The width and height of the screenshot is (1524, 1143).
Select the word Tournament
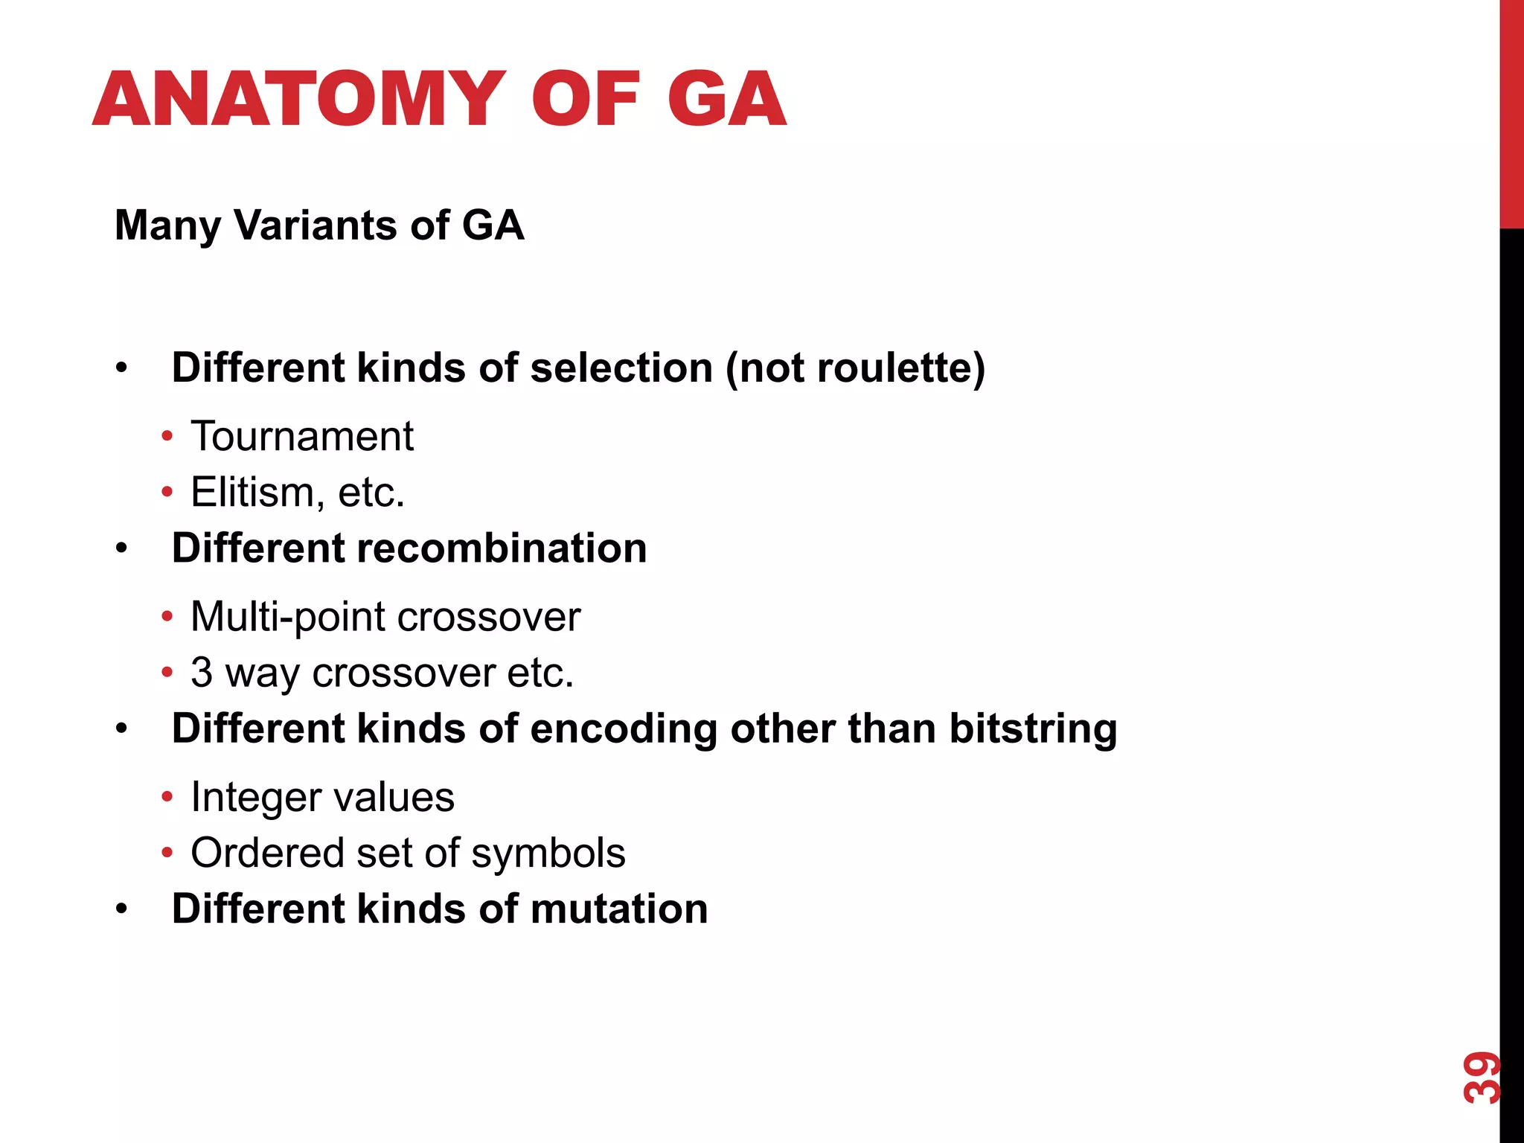pos(302,436)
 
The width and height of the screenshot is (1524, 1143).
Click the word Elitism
pos(252,493)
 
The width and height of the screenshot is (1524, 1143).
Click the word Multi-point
pos(287,617)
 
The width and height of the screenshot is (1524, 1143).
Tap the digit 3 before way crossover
pos(202,673)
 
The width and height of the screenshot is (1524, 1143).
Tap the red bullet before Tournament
pos(167,436)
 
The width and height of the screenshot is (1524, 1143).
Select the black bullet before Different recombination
pos(122,549)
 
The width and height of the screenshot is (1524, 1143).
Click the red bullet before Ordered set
pos(167,853)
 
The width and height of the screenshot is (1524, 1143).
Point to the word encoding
pos(623,729)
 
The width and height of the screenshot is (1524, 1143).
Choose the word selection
pos(621,368)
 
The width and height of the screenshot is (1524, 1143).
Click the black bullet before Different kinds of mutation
pos(122,909)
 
